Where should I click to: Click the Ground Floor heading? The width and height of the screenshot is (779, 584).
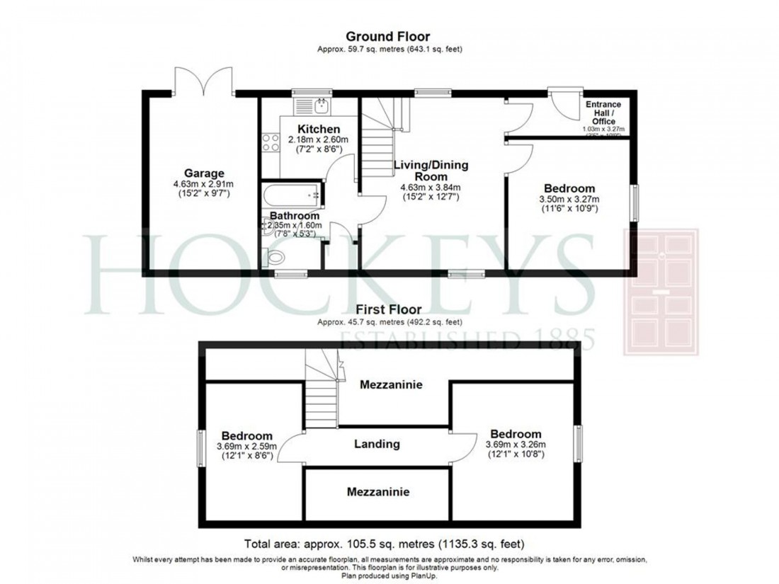point(387,36)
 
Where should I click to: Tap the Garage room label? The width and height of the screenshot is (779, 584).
point(204,173)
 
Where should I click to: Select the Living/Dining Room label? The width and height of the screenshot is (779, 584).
point(431,171)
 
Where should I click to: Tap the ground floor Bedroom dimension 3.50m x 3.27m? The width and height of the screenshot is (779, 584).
point(569,200)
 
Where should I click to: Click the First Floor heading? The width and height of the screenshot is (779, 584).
point(389,309)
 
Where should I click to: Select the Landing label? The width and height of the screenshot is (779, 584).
point(377,445)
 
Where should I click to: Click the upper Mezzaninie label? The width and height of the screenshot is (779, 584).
point(392,385)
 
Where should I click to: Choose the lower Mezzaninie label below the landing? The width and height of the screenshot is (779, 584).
point(377,491)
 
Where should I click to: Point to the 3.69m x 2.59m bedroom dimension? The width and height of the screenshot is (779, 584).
point(246,447)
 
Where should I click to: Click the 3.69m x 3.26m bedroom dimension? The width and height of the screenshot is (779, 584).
point(514,445)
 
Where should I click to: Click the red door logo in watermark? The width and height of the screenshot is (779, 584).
point(660,292)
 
